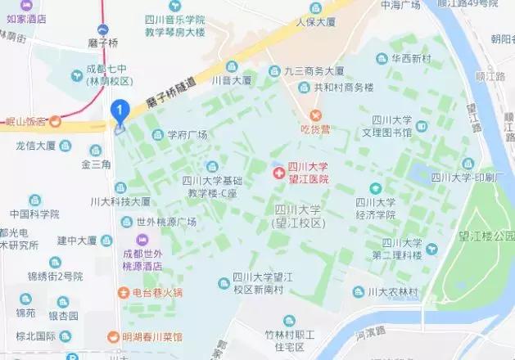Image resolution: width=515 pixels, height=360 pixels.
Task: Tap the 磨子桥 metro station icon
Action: pyautogui.click(x=102, y=29)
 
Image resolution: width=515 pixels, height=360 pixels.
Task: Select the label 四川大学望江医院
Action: pyautogui.click(x=308, y=173)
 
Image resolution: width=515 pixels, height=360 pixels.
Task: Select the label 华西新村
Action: pyautogui.click(x=415, y=58)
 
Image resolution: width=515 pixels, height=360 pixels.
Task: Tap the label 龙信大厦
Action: pyautogui.click(x=35, y=146)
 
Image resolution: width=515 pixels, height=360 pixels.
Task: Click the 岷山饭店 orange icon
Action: pyautogui.click(x=55, y=122)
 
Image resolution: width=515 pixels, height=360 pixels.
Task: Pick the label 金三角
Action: pyautogui.click(x=96, y=164)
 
